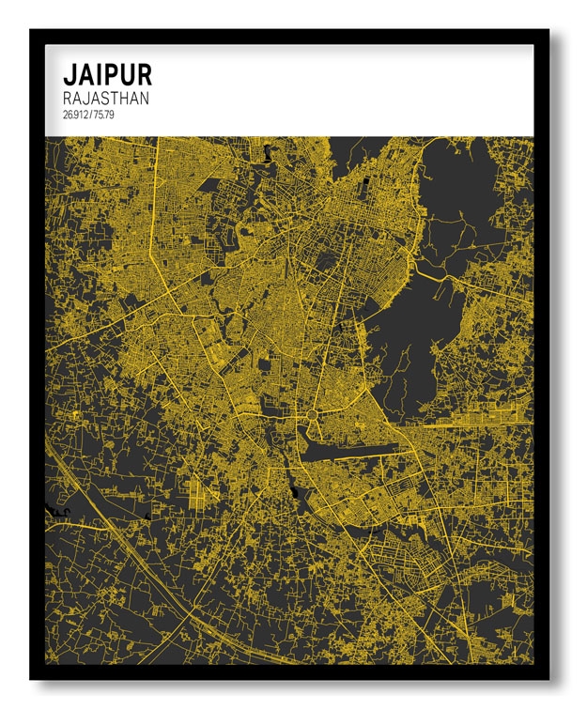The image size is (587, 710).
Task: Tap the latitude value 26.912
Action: [75, 115]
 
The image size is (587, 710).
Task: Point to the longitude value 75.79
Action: [106, 115]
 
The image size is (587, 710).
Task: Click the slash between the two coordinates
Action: [91, 115]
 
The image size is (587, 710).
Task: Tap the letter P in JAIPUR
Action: [108, 74]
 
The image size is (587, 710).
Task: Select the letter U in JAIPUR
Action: [125, 74]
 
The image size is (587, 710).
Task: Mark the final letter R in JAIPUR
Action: [143, 74]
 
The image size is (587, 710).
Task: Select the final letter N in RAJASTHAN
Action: [144, 98]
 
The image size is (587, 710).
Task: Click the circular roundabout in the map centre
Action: [311, 413]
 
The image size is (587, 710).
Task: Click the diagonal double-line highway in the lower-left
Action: [122, 545]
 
